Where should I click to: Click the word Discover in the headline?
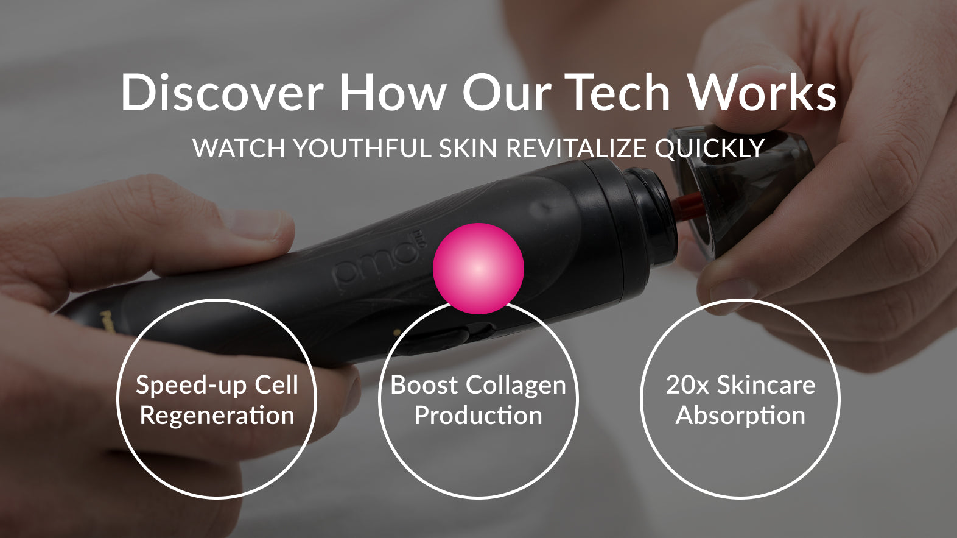222,92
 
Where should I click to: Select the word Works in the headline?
763,92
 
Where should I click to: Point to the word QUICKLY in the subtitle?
709,149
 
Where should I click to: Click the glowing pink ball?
479,268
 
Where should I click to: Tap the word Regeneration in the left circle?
217,416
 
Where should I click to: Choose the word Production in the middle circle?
478,416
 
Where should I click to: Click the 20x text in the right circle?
687,385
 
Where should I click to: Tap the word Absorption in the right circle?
740,416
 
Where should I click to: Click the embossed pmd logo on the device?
376,261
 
